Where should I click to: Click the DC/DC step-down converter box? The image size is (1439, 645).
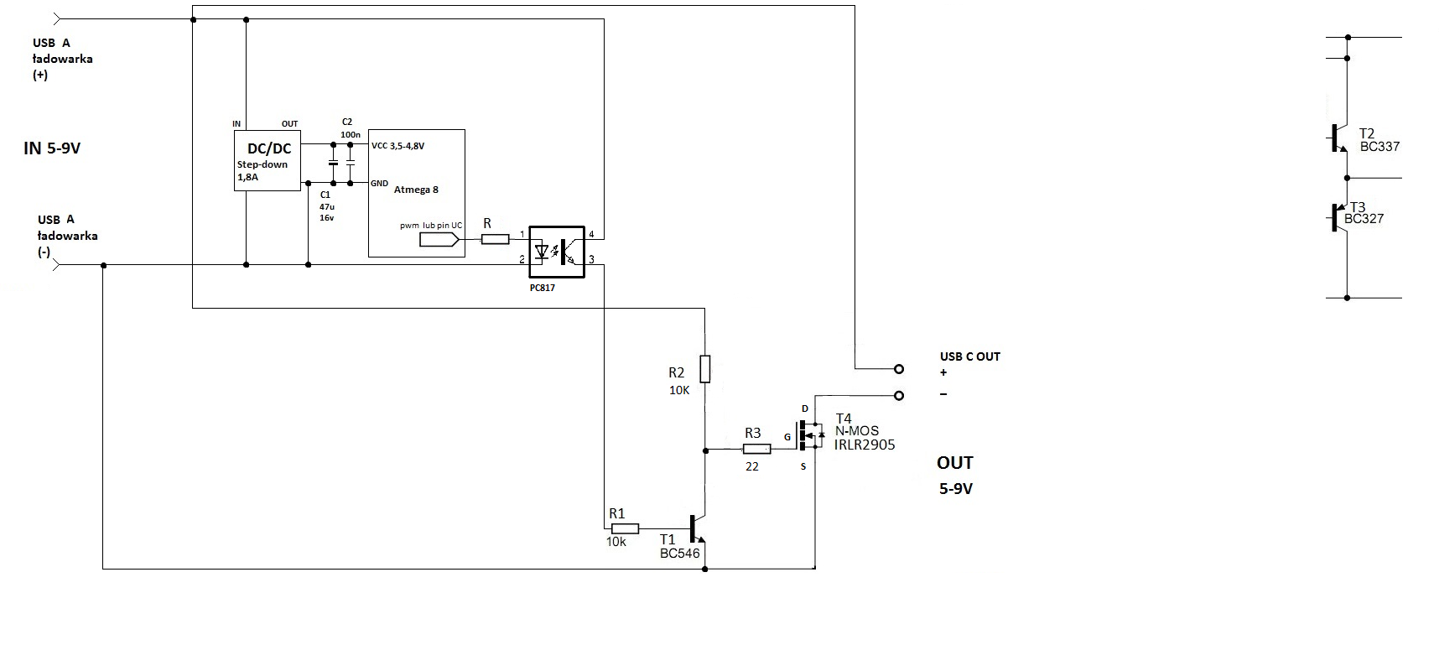tap(267, 160)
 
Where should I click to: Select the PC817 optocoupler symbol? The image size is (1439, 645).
tap(556, 251)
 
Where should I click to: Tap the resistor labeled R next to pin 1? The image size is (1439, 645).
tap(495, 239)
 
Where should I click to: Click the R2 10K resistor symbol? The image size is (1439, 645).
tap(704, 368)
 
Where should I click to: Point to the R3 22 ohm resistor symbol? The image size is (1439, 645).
tap(756, 450)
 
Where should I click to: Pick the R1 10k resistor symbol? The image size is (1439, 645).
tap(625, 528)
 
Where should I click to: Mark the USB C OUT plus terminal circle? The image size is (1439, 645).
tap(899, 368)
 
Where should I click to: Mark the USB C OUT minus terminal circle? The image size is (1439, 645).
tap(899, 395)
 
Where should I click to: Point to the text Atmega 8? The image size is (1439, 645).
tap(416, 190)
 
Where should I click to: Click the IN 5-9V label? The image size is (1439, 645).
tap(52, 148)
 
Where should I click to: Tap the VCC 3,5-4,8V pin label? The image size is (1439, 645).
tap(397, 146)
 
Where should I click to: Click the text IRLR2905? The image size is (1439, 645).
tap(865, 445)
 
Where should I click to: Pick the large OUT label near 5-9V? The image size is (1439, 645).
tap(955, 463)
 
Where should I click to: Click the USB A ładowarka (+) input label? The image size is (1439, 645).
tap(63, 59)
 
